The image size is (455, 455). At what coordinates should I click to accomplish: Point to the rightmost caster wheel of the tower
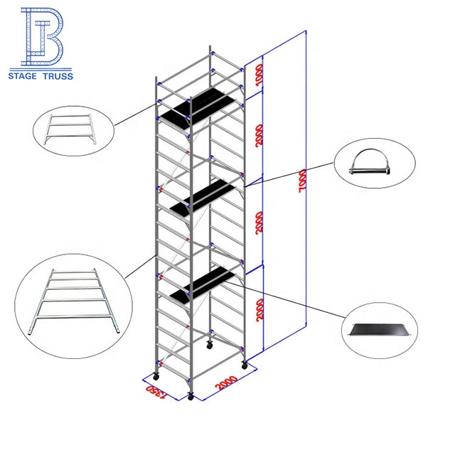[x=245, y=365]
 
